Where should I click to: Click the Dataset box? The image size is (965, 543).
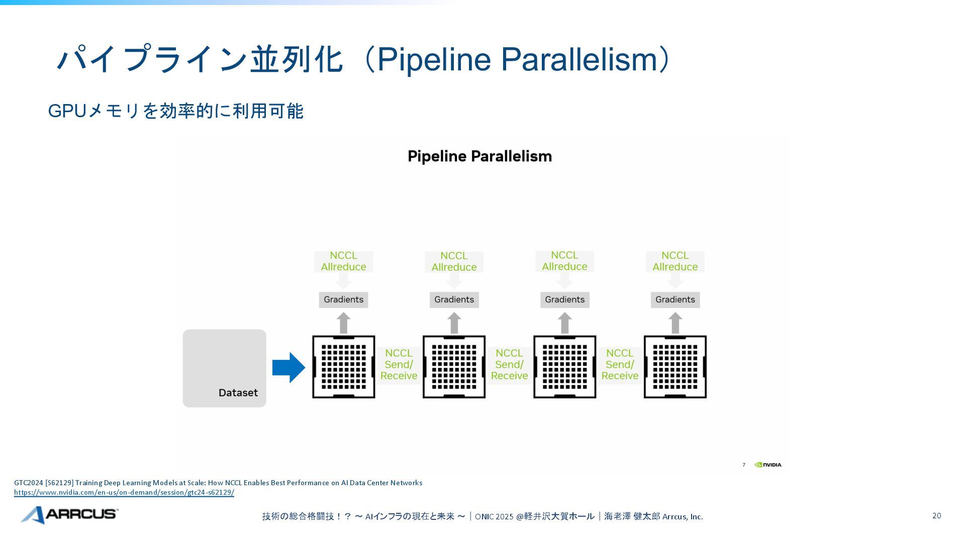224,368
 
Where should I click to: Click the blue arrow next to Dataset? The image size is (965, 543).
288,368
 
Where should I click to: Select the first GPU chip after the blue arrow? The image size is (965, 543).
344,367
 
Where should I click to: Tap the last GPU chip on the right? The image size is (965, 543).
675,367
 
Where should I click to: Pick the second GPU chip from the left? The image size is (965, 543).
454,367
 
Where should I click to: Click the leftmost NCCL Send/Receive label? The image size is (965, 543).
399,365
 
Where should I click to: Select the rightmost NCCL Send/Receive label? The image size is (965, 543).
620,365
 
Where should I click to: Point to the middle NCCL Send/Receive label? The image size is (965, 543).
509,365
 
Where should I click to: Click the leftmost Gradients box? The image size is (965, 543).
343,300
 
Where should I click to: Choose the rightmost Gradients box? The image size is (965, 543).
675,300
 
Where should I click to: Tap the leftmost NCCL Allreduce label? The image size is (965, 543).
343,261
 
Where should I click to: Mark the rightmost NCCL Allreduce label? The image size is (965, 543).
675,261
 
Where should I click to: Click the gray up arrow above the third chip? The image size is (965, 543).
564,323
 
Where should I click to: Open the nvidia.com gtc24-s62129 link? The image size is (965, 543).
124,493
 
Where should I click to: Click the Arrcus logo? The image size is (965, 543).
69,514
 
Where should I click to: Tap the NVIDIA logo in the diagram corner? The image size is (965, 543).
768,465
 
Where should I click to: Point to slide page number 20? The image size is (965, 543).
936,516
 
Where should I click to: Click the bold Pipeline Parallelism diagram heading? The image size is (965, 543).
479,156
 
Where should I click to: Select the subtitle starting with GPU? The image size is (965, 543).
175,111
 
